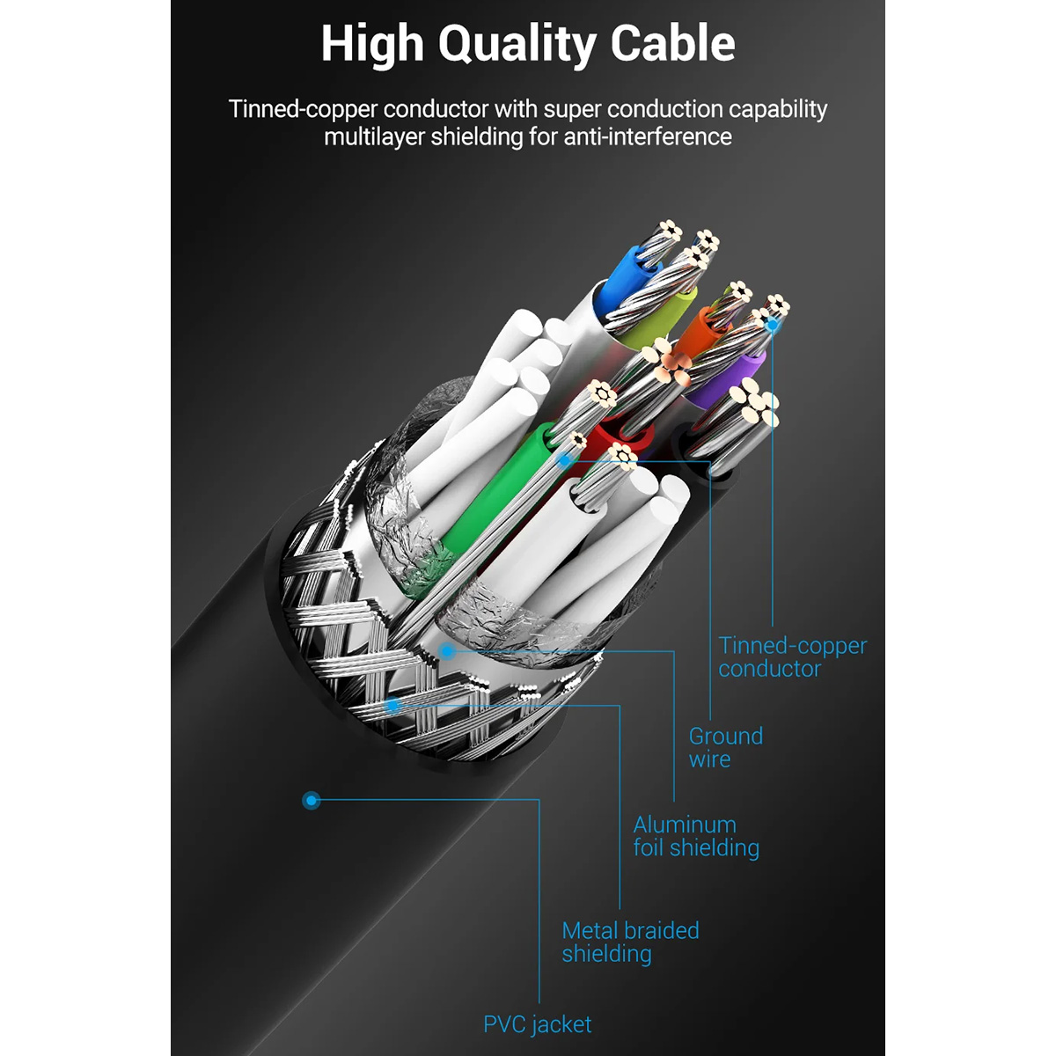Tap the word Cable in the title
[x=673, y=43]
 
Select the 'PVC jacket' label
[x=537, y=1023]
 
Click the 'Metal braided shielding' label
[x=630, y=942]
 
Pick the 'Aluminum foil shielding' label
[x=696, y=836]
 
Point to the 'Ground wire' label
[x=725, y=747]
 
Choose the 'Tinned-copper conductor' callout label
[x=792, y=657]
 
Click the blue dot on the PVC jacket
[x=312, y=801]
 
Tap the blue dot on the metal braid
[x=392, y=705]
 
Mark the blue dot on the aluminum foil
[x=447, y=651]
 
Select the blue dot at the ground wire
[x=564, y=460]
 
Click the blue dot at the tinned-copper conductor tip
[x=772, y=325]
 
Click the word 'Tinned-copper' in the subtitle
[x=303, y=110]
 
